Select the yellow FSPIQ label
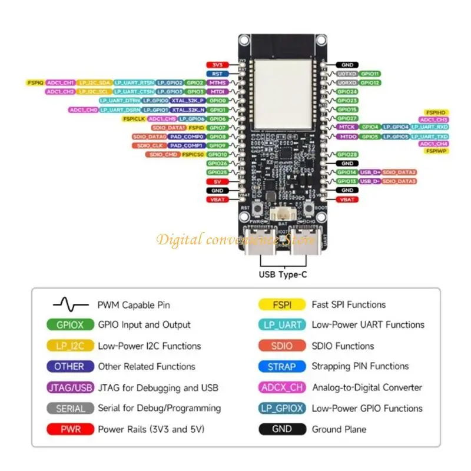pos(35,83)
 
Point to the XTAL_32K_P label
pos(187,101)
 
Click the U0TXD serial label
pos(346,74)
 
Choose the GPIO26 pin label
pos(218,163)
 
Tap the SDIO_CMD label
pos(163,154)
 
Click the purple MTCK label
pos(347,127)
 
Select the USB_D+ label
pos(370,173)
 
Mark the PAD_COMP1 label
pos(186,145)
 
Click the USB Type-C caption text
pos(283,274)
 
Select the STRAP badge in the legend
pos(282,367)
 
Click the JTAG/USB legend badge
pos(69,387)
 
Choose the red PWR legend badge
pos(69,429)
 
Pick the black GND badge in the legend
pos(282,429)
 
